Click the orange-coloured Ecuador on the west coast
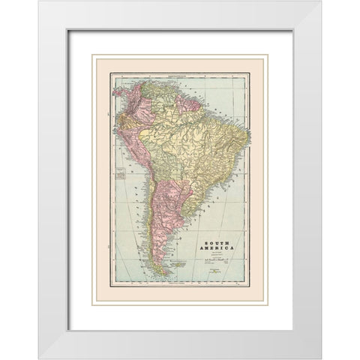pos(122,117)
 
